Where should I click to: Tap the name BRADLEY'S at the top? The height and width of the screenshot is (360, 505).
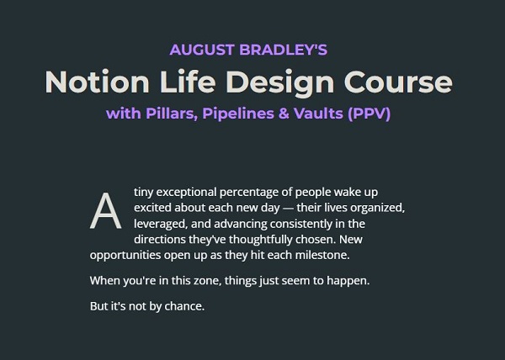pyautogui.click(x=285, y=50)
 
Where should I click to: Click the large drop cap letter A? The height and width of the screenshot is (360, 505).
pyautogui.click(x=104, y=211)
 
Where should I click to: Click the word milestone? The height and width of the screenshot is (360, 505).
pyautogui.click(x=342, y=254)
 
